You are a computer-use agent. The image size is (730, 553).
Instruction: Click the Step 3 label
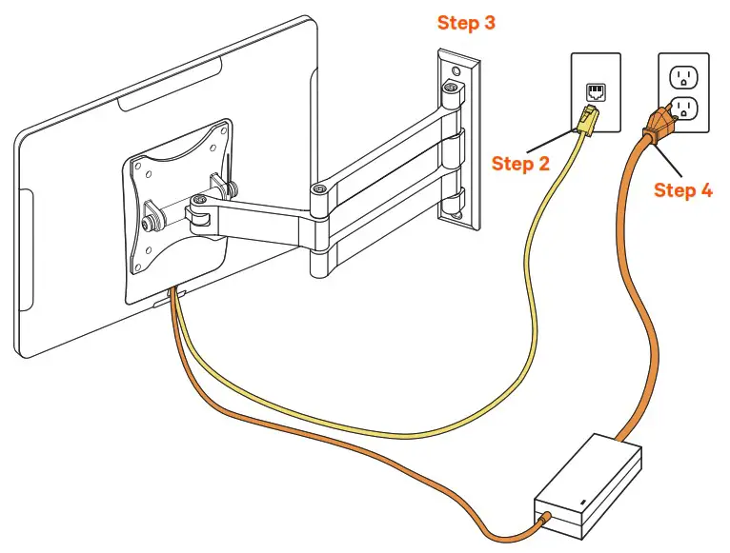pos(466,22)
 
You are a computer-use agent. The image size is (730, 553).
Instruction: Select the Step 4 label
pos(682,190)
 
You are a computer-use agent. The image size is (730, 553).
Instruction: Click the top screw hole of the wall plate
pos(455,70)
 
